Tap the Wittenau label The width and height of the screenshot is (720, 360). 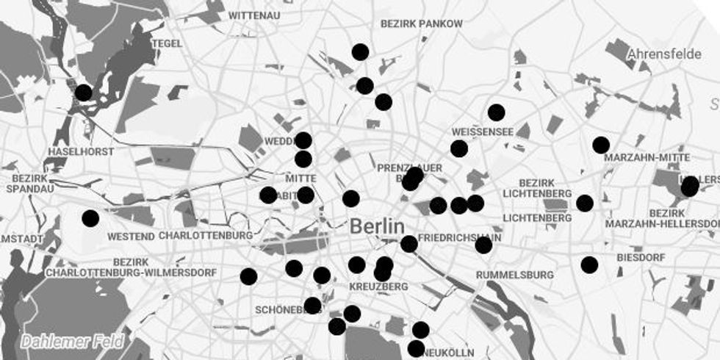pyautogui.click(x=255, y=15)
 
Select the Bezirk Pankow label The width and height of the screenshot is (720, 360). pyautogui.click(x=422, y=24)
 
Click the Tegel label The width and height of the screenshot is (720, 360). pyautogui.click(x=167, y=43)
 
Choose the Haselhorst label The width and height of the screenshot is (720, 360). pyautogui.click(x=81, y=151)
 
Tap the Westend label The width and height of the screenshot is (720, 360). pyautogui.click(x=131, y=237)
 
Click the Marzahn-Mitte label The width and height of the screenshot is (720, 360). pyautogui.click(x=647, y=158)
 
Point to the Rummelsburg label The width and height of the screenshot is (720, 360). pyautogui.click(x=515, y=275)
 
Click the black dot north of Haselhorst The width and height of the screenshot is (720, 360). pyautogui.click(x=84, y=93)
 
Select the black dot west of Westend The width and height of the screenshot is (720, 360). pyautogui.click(x=90, y=218)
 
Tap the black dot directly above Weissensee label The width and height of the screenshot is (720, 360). pyautogui.click(x=497, y=112)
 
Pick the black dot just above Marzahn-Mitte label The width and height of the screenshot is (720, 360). pyautogui.click(x=601, y=145)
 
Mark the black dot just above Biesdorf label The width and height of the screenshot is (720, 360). pyautogui.click(x=589, y=264)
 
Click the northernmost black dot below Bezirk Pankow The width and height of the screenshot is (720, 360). pyautogui.click(x=360, y=51)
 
